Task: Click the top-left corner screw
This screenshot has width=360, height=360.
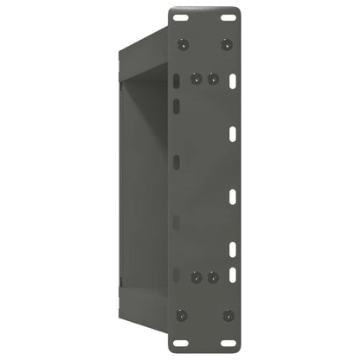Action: [181, 43]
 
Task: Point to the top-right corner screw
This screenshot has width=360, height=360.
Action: [227, 43]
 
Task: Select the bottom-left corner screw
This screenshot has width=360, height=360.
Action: [181, 314]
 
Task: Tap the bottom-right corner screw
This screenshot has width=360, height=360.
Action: [227, 314]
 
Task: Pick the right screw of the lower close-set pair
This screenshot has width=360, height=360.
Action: [211, 278]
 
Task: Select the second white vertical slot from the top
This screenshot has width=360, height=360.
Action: [234, 134]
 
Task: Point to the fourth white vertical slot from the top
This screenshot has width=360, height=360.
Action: [234, 250]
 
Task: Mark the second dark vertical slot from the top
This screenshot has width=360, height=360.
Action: [176, 106]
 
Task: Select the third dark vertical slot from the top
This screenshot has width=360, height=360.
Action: [176, 162]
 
